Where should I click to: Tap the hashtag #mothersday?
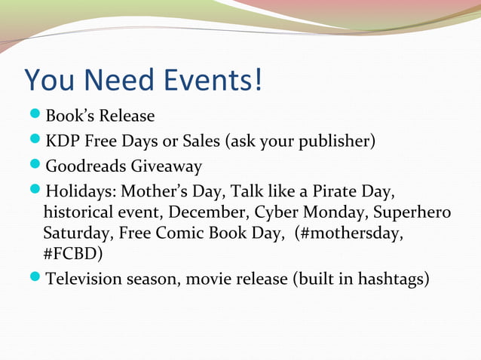click(351, 233)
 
